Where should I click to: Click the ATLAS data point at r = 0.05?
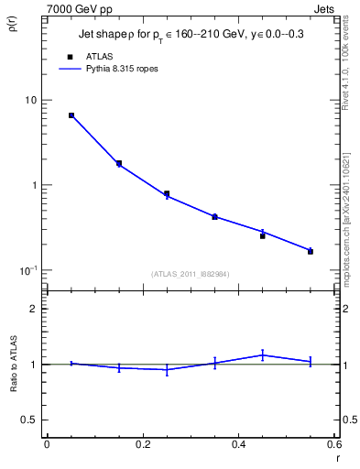71,115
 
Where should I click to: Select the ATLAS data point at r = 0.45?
263,235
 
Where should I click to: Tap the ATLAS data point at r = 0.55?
311,251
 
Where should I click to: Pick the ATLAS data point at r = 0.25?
167,193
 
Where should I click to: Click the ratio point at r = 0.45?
263,354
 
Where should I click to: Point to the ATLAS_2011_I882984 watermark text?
190,274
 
